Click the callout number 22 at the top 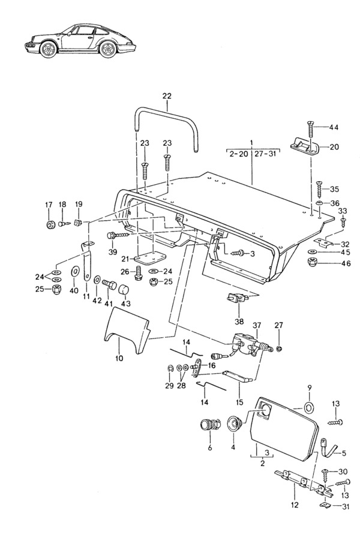coord(167,97)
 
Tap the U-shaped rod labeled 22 coord(166,110)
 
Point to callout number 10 coord(119,358)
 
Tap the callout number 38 coord(239,321)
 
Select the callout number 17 coord(49,205)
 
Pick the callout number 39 coord(112,252)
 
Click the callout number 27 coord(278,325)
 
